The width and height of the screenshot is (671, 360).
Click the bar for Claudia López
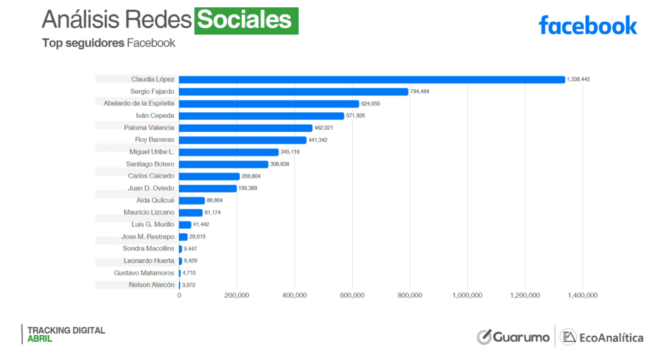tap(372, 79)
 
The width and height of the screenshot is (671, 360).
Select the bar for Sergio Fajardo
tap(294, 92)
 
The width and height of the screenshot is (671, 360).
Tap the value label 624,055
tap(371, 104)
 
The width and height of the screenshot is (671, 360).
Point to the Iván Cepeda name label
tap(150, 116)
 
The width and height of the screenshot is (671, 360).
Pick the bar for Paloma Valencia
tap(246, 128)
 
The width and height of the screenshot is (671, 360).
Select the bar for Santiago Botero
tap(223, 164)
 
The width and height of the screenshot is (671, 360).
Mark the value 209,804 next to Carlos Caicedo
tap(252, 176)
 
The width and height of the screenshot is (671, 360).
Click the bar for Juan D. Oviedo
tap(208, 188)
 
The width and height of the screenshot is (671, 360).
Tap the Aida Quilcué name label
tap(155, 200)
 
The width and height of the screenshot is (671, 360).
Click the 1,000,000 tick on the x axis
tap(467, 296)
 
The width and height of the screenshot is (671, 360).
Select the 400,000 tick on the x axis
tap(294, 296)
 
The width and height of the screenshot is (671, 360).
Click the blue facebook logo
tap(587, 26)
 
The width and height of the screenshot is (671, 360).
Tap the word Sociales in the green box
tap(245, 20)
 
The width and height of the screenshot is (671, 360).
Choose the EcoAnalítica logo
tap(602, 337)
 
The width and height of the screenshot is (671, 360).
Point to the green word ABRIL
tap(39, 339)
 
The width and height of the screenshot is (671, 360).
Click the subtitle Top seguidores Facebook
tap(109, 43)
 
